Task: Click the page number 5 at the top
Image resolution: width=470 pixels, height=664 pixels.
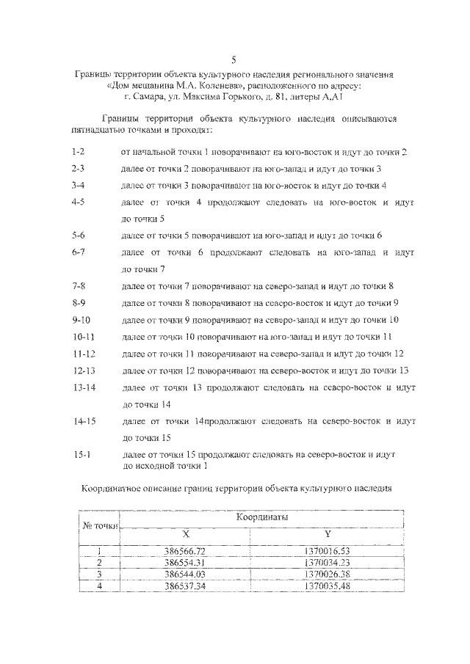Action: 234,59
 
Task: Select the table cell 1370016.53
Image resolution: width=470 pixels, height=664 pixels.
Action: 328,550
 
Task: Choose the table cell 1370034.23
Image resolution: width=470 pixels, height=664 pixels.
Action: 328,562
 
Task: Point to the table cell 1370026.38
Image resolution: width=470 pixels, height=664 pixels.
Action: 328,574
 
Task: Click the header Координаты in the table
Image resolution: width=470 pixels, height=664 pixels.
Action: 261,518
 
